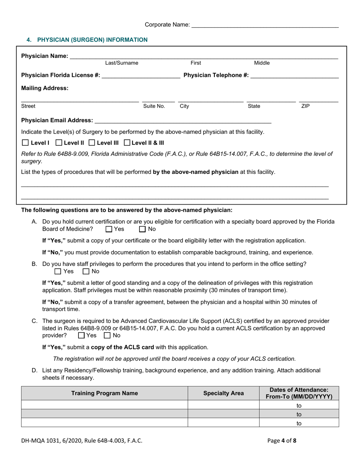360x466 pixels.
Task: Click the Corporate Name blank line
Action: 265,25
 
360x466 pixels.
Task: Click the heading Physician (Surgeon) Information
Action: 87,40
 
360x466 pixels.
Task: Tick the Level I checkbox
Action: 25,143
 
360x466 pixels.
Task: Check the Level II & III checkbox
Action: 127,143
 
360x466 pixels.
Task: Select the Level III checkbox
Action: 92,143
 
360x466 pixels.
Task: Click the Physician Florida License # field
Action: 141,75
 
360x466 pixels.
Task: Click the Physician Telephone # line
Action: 294,75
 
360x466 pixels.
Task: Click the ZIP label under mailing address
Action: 305,106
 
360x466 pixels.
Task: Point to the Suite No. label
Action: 154,106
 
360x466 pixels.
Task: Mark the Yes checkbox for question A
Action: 109,229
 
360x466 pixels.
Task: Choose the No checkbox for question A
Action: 142,229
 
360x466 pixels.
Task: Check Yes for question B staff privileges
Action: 58,271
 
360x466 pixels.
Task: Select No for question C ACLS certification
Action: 107,335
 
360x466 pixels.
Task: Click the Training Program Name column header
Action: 105,393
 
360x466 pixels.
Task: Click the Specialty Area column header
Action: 224,393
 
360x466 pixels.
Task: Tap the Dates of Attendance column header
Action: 299,393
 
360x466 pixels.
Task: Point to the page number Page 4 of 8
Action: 282,441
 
